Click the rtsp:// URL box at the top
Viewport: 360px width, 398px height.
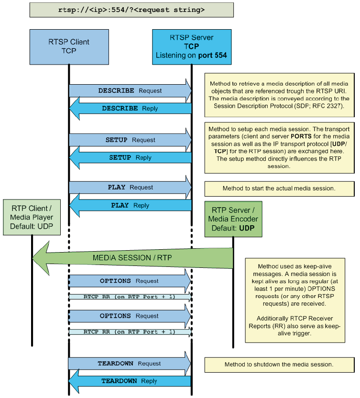click(x=131, y=10)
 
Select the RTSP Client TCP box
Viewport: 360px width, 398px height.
click(x=69, y=46)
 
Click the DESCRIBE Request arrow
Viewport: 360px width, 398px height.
click(x=130, y=91)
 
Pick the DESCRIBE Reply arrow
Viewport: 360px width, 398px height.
click(x=130, y=109)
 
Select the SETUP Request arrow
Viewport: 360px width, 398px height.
click(x=130, y=140)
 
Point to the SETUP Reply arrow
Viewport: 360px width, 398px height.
click(x=130, y=158)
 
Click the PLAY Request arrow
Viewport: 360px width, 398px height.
click(x=130, y=188)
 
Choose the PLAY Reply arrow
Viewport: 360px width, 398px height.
click(x=130, y=206)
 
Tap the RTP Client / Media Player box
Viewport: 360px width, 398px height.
click(x=32, y=218)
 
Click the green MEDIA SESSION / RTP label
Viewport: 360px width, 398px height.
click(x=132, y=258)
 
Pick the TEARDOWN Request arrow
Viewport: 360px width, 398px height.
click(x=129, y=364)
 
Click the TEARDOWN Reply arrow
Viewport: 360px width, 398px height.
click(x=129, y=381)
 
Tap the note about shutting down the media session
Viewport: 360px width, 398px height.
click(x=279, y=365)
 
